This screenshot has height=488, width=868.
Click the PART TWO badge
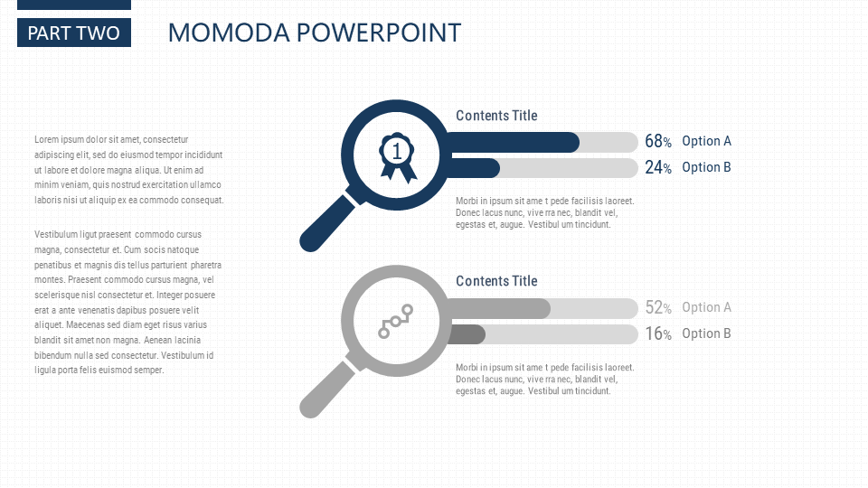click(x=74, y=33)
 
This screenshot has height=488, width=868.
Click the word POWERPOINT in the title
click(x=379, y=33)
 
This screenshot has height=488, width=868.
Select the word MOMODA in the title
click(x=229, y=33)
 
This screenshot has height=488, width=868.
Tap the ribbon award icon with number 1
click(x=397, y=156)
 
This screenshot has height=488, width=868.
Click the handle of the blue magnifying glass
click(x=327, y=222)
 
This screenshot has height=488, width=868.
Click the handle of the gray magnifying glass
click(x=327, y=389)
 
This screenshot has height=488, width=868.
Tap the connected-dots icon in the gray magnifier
click(x=396, y=322)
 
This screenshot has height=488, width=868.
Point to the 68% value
click(x=658, y=141)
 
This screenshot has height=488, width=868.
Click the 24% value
click(x=658, y=167)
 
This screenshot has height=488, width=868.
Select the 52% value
click(x=658, y=307)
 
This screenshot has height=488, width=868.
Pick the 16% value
click(x=658, y=333)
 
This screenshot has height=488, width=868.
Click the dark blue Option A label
click(x=706, y=141)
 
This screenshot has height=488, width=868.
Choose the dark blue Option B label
click(x=706, y=167)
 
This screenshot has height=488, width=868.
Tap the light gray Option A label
click(x=706, y=307)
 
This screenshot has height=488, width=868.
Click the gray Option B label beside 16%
click(x=706, y=333)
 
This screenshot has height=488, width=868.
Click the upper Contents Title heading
click(x=496, y=116)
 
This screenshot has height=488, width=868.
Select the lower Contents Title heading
click(x=496, y=281)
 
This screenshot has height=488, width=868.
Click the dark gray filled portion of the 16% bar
click(x=467, y=334)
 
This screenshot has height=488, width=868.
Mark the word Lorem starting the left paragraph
click(x=46, y=139)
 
